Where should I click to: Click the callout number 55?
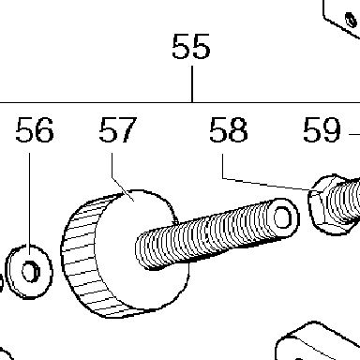point(191,46)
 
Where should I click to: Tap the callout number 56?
point(35,130)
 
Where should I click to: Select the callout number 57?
point(118,130)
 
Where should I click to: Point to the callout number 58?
point(229,129)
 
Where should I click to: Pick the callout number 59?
point(322,129)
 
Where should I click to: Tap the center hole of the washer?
point(31,272)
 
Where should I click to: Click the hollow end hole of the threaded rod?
point(283,217)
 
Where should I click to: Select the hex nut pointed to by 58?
point(328,204)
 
